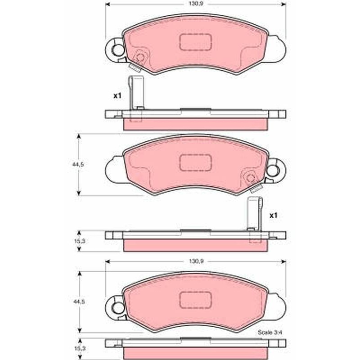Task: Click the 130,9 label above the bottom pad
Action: pyautogui.click(x=196, y=261)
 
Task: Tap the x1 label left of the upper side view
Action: pyautogui.click(x=117, y=96)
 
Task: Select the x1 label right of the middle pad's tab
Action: pyautogui.click(x=274, y=216)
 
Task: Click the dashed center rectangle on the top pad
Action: pyautogui.click(x=195, y=42)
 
